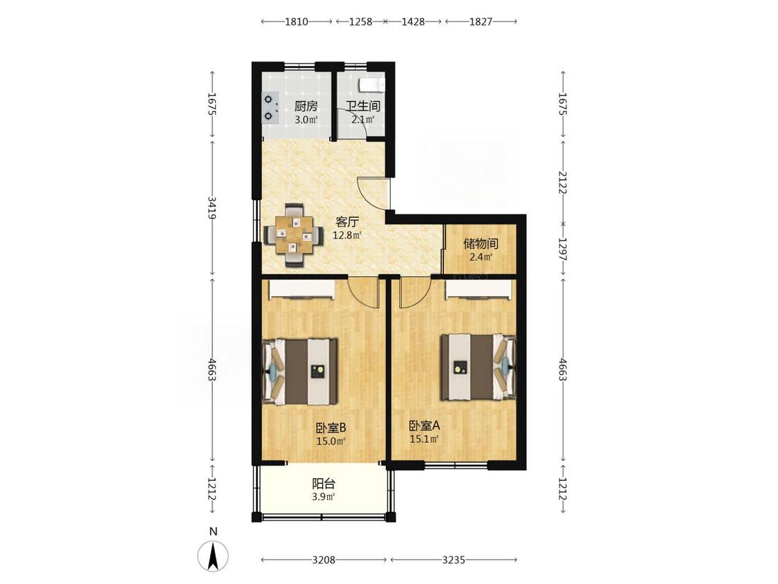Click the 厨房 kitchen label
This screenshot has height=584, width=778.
[x=306, y=107]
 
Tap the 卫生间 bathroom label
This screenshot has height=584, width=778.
[x=363, y=107]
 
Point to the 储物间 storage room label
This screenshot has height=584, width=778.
[x=481, y=244]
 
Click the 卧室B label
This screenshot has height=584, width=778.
[x=331, y=427]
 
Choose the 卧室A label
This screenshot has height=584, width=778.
[x=424, y=426]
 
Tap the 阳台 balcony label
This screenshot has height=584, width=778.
[x=324, y=483]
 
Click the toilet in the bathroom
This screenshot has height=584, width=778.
[x=373, y=84]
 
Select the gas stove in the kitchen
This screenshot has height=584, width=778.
[x=270, y=108]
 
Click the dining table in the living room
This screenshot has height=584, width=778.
[x=295, y=235]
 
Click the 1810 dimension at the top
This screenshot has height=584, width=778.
[x=296, y=21]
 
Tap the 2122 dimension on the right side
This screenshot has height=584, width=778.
[x=563, y=182]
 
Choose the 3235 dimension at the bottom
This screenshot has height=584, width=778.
[x=454, y=560]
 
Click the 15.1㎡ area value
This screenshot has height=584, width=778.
[x=424, y=439]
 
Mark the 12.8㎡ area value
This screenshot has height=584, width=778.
[x=347, y=235]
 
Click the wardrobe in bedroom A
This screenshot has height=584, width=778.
[x=479, y=290]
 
